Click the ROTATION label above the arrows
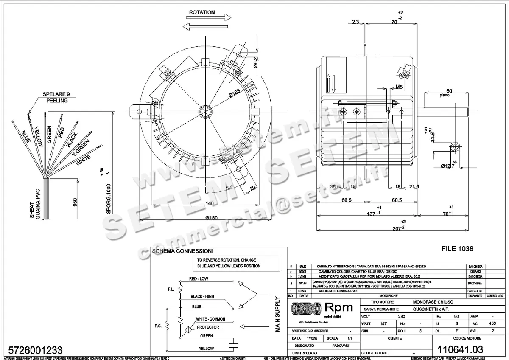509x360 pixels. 202,13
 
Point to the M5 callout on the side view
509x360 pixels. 399,87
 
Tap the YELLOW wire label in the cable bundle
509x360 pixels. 39,136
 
